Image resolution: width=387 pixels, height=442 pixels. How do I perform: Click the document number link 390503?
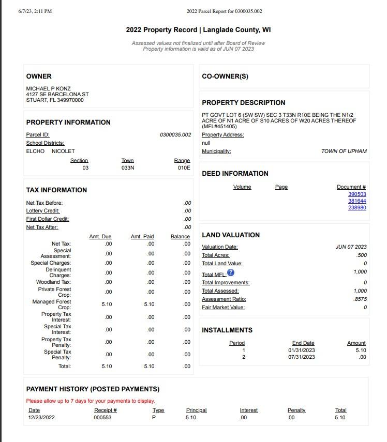click(x=357, y=194)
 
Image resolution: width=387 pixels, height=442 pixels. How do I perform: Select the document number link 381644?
click(x=357, y=201)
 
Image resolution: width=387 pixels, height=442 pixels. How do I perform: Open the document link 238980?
click(x=357, y=207)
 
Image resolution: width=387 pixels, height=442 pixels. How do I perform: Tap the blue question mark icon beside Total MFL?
click(x=231, y=272)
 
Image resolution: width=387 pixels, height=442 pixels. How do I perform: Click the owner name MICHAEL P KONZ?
click(x=49, y=88)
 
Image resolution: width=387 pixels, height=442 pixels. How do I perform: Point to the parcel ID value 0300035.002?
click(x=175, y=134)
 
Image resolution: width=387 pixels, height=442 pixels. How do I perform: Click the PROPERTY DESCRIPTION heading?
click(x=243, y=102)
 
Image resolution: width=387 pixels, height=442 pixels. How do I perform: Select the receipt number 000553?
click(x=102, y=417)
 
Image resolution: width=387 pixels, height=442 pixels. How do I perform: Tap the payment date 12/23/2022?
click(x=41, y=417)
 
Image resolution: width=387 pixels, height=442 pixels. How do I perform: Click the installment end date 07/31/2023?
click(x=302, y=357)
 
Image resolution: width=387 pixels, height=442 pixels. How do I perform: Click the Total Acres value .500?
click(x=362, y=255)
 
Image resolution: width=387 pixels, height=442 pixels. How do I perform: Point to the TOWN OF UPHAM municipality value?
click(x=344, y=151)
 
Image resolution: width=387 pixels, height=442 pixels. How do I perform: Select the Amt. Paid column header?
click(x=142, y=236)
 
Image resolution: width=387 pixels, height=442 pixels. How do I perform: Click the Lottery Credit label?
click(x=43, y=210)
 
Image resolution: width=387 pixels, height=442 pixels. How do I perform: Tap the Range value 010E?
click(x=184, y=167)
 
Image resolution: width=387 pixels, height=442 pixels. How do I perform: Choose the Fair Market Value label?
click(x=223, y=308)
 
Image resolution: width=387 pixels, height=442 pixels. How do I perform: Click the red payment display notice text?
click(x=91, y=401)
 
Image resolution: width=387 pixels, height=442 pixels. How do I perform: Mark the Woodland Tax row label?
click(x=53, y=282)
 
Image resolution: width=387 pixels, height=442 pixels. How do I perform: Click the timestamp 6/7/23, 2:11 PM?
click(x=35, y=11)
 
